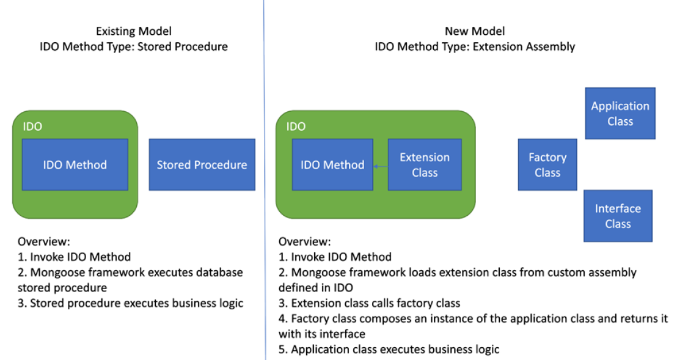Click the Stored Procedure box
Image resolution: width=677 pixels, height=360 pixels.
point(202,164)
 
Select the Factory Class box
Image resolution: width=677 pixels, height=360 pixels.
point(547,165)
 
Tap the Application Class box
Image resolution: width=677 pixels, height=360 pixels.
point(620,113)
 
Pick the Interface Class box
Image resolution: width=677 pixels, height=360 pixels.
point(618,216)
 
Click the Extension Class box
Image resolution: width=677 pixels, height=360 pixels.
point(425,165)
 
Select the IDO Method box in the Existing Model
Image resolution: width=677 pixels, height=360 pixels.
point(75,164)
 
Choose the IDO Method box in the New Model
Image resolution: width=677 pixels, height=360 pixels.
point(332,164)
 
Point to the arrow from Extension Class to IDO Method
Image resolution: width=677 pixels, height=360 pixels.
point(381,166)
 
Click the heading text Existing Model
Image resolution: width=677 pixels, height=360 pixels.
point(134,31)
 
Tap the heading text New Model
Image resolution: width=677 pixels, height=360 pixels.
point(475,31)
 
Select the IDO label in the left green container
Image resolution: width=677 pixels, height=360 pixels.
point(32,127)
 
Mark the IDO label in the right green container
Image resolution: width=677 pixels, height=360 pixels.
point(296,127)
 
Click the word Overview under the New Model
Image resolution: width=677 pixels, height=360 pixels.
point(304,241)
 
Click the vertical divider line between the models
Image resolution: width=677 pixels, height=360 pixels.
point(265,183)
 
